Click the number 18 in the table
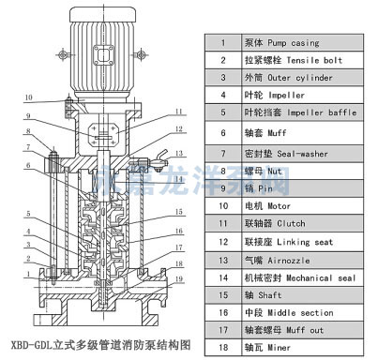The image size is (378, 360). click(223, 348)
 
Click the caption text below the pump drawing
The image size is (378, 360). click(95, 344)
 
